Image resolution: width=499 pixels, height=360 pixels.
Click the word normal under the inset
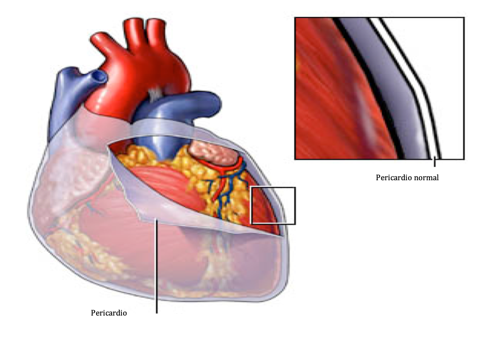(425, 178)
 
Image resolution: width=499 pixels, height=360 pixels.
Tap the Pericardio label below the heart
(109, 312)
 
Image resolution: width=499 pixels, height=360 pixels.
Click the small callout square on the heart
(272, 206)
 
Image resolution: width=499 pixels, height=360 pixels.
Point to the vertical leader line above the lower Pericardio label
(157, 266)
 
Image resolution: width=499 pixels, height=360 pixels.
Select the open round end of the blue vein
(100, 76)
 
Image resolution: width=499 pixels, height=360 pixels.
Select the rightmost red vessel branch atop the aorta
(156, 30)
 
